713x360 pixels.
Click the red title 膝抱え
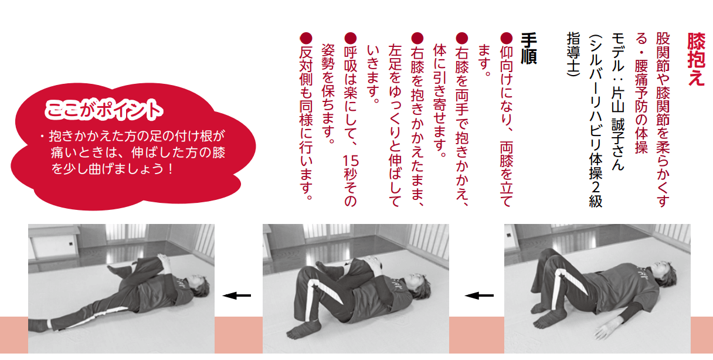click(x=696, y=60)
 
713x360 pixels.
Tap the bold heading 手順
click(x=529, y=49)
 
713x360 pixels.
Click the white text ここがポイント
click(x=104, y=110)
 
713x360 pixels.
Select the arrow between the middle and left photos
click(x=237, y=296)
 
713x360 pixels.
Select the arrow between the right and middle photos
click(x=479, y=296)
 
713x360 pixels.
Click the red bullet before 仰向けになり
click(x=507, y=39)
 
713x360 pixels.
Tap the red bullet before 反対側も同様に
click(x=306, y=39)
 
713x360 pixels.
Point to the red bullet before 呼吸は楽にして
click(x=351, y=39)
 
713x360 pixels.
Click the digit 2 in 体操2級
click(x=596, y=186)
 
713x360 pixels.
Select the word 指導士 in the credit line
click(x=573, y=52)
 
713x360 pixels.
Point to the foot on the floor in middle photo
click(x=303, y=330)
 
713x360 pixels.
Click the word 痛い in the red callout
click(x=63, y=152)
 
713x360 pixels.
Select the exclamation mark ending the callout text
click(x=171, y=169)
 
